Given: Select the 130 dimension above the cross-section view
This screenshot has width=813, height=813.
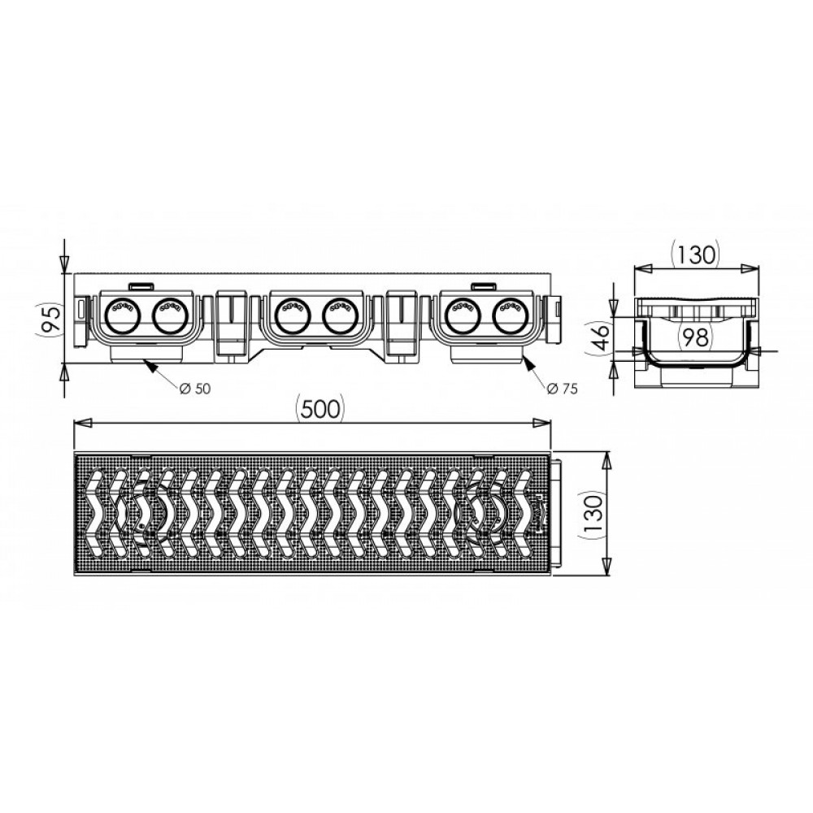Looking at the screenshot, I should tap(696, 255).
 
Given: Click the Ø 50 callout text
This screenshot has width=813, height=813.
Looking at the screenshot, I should tap(194, 389).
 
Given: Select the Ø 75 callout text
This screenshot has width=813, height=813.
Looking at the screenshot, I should tap(562, 389).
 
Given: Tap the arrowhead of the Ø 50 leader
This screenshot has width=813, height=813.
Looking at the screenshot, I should tap(146, 363).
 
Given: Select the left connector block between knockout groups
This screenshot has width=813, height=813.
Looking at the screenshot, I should tap(233, 323).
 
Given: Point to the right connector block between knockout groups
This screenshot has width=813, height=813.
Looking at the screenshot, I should tap(404, 323).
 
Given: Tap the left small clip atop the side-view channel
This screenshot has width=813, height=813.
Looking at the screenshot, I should tap(141, 285).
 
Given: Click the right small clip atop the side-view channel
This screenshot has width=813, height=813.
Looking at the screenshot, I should tap(485, 285).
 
